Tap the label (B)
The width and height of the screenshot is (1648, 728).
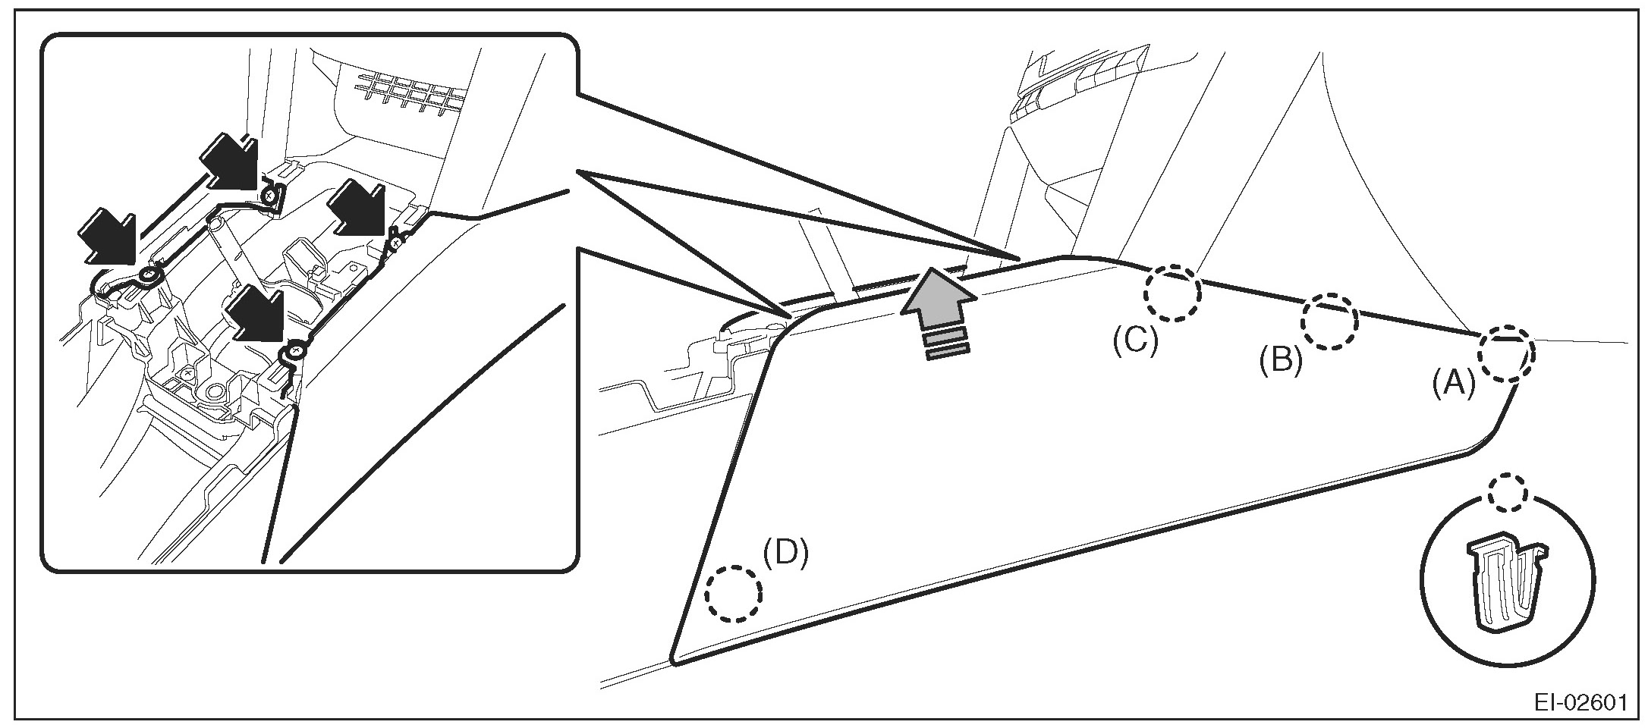point(1281,361)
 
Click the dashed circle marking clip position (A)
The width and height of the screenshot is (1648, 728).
point(1505,353)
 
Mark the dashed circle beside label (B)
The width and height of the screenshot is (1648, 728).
point(1329,321)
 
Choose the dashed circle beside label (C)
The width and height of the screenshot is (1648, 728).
point(1173,294)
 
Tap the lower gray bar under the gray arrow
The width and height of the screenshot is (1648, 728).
point(947,350)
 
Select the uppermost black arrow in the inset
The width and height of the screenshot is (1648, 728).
point(231,161)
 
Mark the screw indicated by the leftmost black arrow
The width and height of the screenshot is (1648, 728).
point(149,276)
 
